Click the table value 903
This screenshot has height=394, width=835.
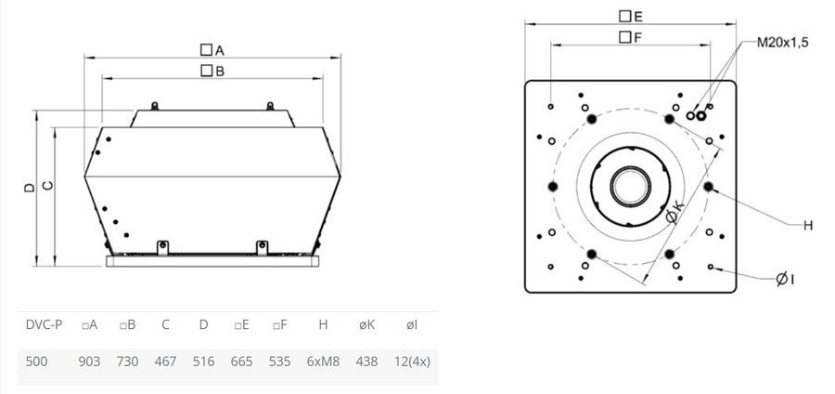(89, 361)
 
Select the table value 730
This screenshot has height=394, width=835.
(127, 361)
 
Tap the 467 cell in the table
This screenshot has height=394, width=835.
(166, 361)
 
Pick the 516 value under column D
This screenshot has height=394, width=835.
(203, 361)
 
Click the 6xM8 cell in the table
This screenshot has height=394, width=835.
(323, 361)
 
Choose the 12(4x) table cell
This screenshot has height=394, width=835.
(412, 361)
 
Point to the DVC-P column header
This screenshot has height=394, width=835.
(44, 324)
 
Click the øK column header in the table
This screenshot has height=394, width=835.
(366, 324)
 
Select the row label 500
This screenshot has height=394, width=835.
(36, 361)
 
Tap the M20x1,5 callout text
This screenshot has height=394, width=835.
(783, 43)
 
